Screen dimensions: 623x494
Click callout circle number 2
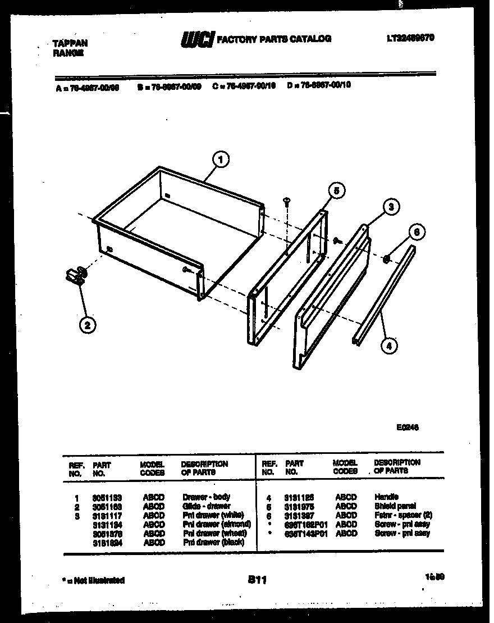(x=86, y=324)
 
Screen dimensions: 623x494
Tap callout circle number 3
(x=391, y=207)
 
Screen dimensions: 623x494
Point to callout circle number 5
(x=336, y=191)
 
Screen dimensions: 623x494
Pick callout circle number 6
(x=416, y=231)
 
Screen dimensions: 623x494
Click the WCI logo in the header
(x=196, y=39)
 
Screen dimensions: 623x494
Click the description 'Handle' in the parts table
(x=386, y=497)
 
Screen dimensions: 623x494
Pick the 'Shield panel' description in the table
(x=395, y=506)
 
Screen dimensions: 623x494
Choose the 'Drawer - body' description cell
(x=206, y=497)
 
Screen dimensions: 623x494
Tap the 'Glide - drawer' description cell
(x=206, y=506)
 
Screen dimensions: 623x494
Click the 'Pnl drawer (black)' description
(x=212, y=543)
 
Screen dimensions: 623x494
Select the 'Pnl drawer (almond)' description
(x=216, y=525)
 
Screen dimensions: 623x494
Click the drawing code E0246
(x=407, y=428)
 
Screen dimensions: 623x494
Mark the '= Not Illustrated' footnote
(x=93, y=580)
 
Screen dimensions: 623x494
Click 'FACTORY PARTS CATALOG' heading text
(x=273, y=39)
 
